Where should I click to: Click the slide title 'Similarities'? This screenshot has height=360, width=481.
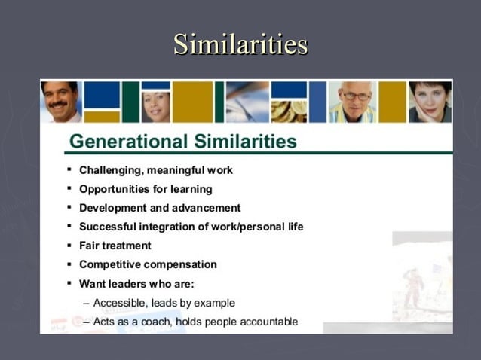pyautogui.click(x=240, y=44)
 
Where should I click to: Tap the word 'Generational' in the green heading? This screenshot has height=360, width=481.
pyautogui.click(x=125, y=142)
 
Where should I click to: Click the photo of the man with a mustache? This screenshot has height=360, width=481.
pyautogui.click(x=60, y=101)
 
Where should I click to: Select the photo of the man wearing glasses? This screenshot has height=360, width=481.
pyautogui.click(x=352, y=101)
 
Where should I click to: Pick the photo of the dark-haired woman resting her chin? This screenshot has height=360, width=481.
pyautogui.click(x=429, y=101)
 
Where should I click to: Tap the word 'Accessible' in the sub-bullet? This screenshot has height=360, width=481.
pyautogui.click(x=119, y=303)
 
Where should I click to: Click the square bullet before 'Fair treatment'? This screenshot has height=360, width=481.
pyautogui.click(x=69, y=245)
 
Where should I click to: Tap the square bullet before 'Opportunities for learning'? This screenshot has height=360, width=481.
pyautogui.click(x=69, y=188)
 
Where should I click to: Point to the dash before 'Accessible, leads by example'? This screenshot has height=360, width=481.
pyautogui.click(x=86, y=303)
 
